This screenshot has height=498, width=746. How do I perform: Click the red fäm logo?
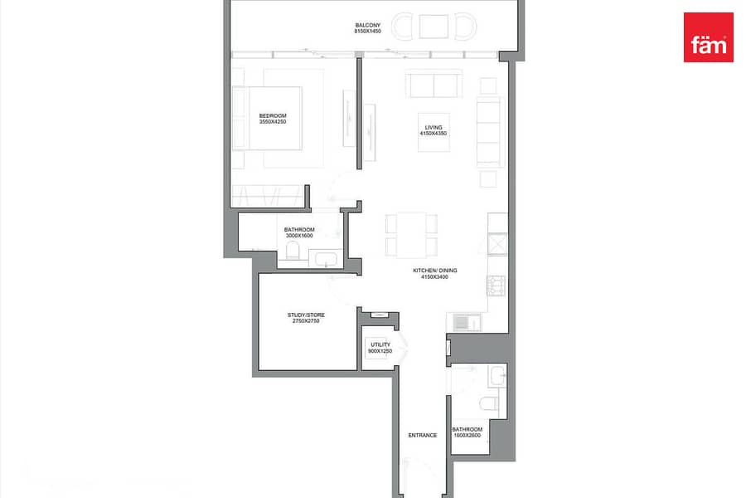(x=709, y=37)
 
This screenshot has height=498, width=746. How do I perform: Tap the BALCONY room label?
(x=368, y=25)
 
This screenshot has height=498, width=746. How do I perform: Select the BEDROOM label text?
(x=273, y=116)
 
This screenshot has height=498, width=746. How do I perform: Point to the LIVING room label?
(x=434, y=127)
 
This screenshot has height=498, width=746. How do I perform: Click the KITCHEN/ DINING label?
(x=435, y=271)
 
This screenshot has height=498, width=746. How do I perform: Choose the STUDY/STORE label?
(x=306, y=315)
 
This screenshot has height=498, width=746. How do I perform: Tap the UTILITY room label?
(x=380, y=344)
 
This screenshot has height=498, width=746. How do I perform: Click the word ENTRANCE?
(x=423, y=435)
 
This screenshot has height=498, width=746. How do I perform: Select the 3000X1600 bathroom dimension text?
(x=299, y=236)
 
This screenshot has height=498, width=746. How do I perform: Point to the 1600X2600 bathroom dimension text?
(x=467, y=435)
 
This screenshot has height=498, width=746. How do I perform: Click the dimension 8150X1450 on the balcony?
(x=368, y=32)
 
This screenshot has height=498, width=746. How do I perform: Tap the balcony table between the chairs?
(x=434, y=27)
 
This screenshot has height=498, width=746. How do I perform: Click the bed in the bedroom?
(x=267, y=118)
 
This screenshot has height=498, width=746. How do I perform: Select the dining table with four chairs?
(x=411, y=234)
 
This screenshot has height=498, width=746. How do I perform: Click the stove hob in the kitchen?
(x=496, y=286)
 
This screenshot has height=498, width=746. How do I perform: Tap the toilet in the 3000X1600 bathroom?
(x=293, y=251)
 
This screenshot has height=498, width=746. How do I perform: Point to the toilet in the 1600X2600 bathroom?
(x=489, y=404)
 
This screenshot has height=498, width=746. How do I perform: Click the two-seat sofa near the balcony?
(x=434, y=84)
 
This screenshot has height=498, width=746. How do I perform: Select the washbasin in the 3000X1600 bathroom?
(x=326, y=259)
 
